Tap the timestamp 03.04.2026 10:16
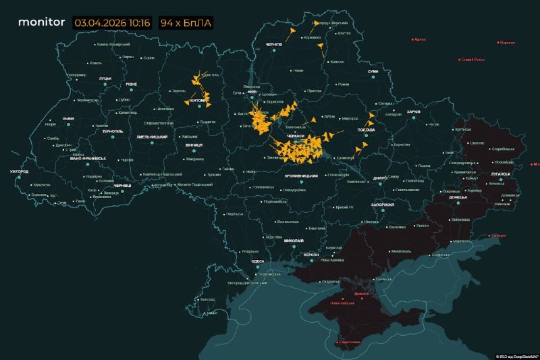tap(112, 22)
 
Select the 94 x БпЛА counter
tap(185, 22)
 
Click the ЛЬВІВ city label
tap(68, 118)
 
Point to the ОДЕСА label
tap(256, 261)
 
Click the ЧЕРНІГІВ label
tap(274, 45)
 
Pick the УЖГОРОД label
tap(19, 172)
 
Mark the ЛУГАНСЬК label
tap(501, 174)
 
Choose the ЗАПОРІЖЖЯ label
tap(382, 204)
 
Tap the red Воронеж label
tap(507, 42)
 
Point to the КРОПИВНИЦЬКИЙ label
tap(300, 176)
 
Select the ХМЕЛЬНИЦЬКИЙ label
tap(152, 137)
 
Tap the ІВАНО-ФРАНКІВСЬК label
tap(87, 158)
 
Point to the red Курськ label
tap(420, 39)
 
